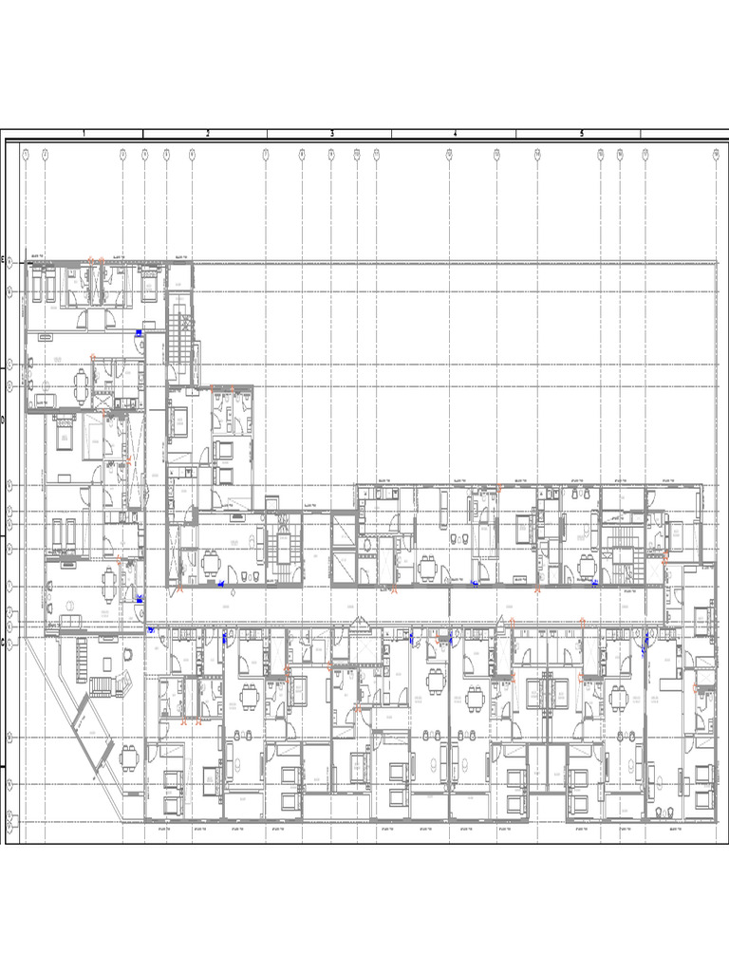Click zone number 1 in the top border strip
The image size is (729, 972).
84,134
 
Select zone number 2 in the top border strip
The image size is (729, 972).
207,134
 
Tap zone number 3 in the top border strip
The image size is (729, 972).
331,134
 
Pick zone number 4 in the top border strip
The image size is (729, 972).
455,134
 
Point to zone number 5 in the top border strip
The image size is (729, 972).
581,134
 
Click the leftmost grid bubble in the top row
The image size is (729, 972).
27,153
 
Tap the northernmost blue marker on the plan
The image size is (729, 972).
139,332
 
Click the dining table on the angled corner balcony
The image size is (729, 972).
128,757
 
